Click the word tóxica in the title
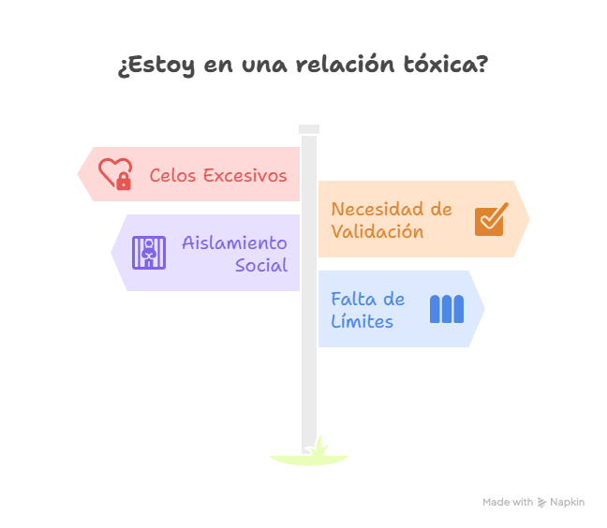(445, 65)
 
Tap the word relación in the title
(346, 65)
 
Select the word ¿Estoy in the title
(156, 66)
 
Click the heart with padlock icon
(115, 174)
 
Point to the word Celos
(172, 176)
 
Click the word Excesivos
(245, 176)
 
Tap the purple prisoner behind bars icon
(149, 253)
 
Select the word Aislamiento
(234, 242)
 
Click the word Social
(261, 265)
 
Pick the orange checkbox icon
(491, 219)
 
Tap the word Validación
(378, 231)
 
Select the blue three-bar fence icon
(447, 309)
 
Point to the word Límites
(362, 321)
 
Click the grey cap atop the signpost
(309, 129)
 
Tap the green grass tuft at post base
(318, 447)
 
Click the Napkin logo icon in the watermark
(541, 503)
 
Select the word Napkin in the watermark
(567, 503)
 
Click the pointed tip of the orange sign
(529, 219)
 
